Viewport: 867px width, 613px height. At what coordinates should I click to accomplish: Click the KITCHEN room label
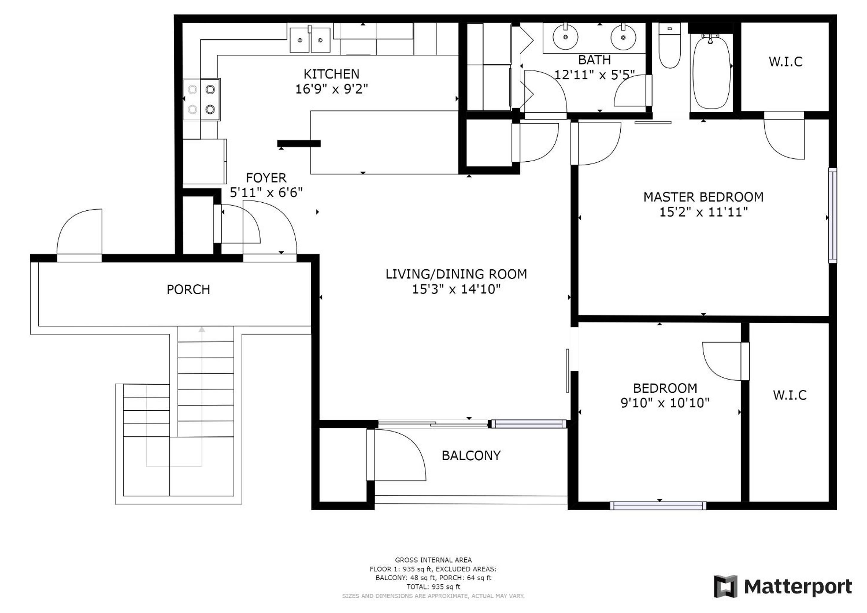(331, 74)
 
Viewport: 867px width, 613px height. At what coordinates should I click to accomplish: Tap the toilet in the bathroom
(670, 45)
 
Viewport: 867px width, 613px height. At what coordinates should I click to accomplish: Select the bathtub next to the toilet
(712, 71)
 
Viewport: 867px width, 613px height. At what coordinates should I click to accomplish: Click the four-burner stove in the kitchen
(201, 100)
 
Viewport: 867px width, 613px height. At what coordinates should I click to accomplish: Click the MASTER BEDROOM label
(703, 197)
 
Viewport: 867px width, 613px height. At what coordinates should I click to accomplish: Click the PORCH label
(188, 289)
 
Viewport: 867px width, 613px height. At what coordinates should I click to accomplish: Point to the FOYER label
(266, 177)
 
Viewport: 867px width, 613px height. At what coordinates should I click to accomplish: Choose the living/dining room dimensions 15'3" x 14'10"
(456, 289)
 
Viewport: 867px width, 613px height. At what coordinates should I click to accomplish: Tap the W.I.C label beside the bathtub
(786, 62)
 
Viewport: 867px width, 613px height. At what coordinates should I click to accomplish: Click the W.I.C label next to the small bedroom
(790, 395)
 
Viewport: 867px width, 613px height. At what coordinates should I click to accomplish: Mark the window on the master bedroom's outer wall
(832, 215)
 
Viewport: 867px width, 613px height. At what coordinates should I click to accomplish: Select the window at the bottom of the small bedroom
(658, 506)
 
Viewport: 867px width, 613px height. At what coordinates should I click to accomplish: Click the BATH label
(594, 60)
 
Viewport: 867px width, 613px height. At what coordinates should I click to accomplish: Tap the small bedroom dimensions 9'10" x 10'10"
(665, 403)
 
